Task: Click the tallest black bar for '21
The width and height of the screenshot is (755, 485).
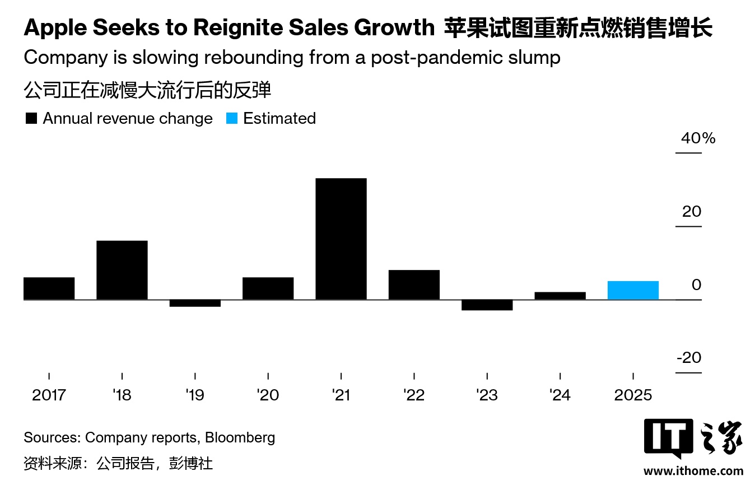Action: [x=341, y=239]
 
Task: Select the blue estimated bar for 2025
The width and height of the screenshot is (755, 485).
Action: [x=633, y=290]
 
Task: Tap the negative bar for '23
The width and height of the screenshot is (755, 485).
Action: [x=487, y=305]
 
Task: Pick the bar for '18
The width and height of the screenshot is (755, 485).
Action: [x=122, y=270]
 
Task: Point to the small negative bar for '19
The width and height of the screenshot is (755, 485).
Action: [x=195, y=304]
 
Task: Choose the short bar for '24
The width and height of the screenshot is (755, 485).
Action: [x=560, y=296]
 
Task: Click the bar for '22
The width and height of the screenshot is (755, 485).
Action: [x=414, y=285]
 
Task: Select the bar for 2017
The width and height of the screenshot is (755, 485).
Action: [x=49, y=288]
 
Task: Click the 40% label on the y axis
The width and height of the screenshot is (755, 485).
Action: [x=698, y=138]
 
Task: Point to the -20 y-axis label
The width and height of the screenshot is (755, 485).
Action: [x=688, y=357]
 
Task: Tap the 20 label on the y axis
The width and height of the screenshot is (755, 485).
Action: [x=692, y=212]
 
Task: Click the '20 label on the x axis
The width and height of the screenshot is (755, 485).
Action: [x=268, y=395]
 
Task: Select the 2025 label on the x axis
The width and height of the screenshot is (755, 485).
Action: [x=633, y=395]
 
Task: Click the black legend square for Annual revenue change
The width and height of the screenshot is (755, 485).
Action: [x=31, y=119]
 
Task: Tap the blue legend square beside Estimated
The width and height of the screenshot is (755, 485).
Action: [x=232, y=119]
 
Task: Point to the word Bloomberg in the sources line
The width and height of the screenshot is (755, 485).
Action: [x=240, y=437]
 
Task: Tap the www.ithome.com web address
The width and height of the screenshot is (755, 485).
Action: [x=693, y=471]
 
